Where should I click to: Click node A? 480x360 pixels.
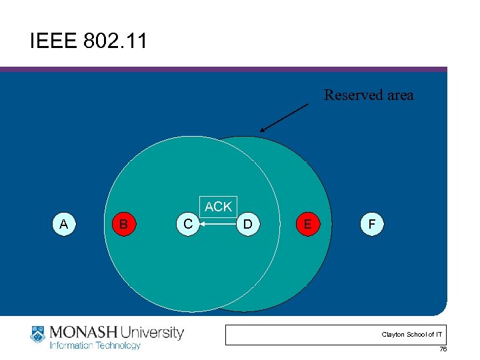(x=63, y=224)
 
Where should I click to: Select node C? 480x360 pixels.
(x=189, y=224)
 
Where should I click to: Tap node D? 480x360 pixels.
(x=247, y=224)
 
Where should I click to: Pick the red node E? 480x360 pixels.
(x=307, y=224)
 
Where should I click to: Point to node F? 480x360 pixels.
(x=371, y=224)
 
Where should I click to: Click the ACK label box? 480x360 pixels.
(x=218, y=207)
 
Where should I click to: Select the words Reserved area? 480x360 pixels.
(x=369, y=95)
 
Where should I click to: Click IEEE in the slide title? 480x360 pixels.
(x=54, y=42)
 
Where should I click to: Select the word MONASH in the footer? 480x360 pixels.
(x=83, y=332)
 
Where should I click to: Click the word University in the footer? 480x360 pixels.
(x=153, y=332)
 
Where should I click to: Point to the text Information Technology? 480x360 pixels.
(x=95, y=345)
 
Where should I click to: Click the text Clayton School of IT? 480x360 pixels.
(x=411, y=334)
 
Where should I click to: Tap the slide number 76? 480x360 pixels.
(x=443, y=350)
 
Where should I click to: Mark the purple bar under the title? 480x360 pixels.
(x=223, y=69)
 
